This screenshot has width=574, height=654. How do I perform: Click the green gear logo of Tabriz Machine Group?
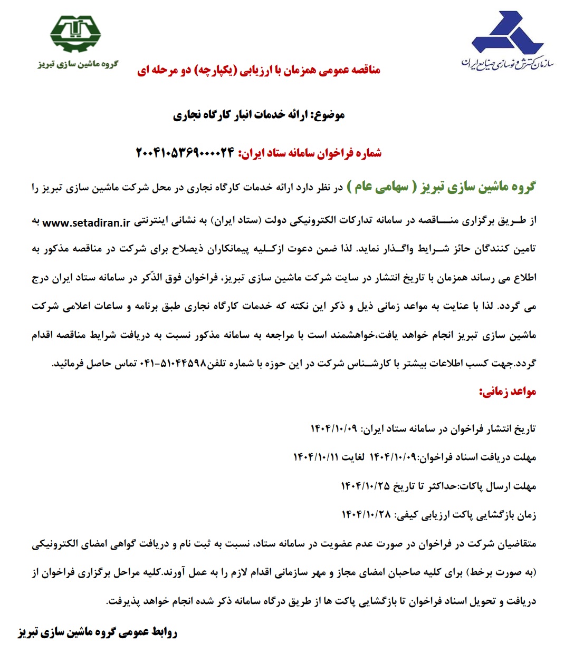(x=75, y=34)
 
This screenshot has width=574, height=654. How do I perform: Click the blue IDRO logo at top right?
(x=500, y=33)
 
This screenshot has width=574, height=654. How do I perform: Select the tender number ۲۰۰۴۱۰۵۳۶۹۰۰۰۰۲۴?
(x=185, y=153)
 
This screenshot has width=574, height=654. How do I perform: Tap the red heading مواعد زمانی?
(x=507, y=392)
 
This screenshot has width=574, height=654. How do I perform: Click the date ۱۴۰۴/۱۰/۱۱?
(x=316, y=457)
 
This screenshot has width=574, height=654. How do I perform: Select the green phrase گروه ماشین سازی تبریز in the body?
(x=478, y=187)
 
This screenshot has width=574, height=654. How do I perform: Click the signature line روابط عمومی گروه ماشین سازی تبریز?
(x=98, y=632)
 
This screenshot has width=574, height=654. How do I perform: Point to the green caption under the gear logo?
(x=78, y=64)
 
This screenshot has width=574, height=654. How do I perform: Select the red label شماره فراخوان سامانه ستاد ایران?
(x=310, y=153)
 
